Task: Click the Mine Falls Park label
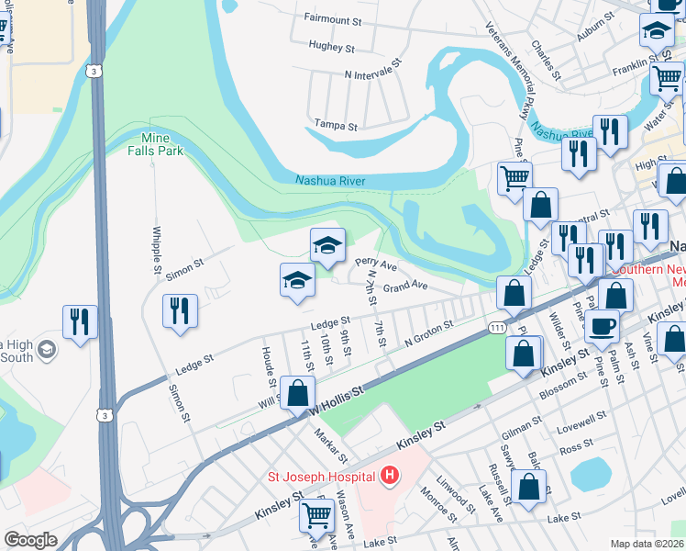(156, 144)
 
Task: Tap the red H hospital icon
(390, 476)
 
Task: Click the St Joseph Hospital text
(320, 476)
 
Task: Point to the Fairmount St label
(335, 17)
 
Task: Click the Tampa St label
(336, 123)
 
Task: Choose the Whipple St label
(157, 248)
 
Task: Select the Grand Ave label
(405, 287)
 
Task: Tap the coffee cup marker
(603, 325)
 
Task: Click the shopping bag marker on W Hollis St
(297, 393)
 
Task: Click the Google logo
(30, 540)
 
